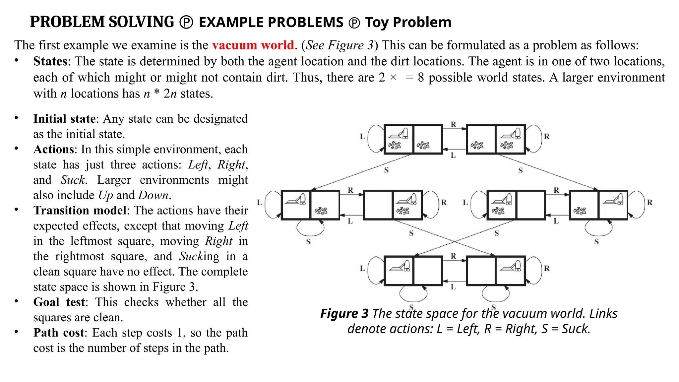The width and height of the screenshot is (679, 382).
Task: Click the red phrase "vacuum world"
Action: point(253,45)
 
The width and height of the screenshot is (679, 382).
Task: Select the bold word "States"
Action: point(50,61)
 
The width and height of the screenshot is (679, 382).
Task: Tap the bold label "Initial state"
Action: point(64,119)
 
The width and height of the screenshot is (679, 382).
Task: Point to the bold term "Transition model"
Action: point(80,211)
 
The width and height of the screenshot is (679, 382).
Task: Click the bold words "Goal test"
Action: point(59,302)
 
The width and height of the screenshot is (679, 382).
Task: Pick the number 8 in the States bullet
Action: point(421,78)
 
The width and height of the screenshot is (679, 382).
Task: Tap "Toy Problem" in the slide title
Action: point(408,22)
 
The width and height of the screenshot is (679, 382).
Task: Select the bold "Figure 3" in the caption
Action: point(344,313)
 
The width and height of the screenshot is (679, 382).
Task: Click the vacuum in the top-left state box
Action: point(399,134)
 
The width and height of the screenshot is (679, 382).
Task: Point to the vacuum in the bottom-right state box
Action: point(511,266)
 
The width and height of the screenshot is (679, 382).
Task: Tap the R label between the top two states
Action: point(454,124)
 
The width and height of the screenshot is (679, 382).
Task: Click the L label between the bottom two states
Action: point(453,287)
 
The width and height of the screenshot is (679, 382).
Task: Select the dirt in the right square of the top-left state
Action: point(423,145)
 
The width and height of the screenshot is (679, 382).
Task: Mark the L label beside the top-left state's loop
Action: point(362,136)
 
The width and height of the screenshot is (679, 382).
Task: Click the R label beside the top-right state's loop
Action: point(547,136)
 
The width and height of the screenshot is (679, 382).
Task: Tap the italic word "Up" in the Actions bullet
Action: point(106,195)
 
